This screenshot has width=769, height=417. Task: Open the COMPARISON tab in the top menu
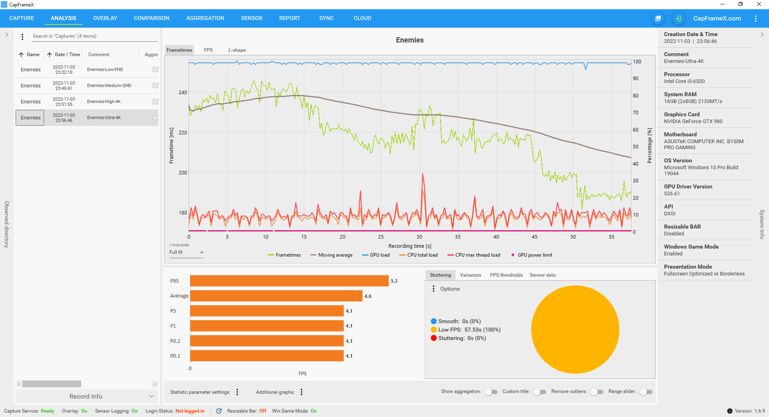pos(151,18)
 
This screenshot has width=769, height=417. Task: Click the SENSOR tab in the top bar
pos(252,18)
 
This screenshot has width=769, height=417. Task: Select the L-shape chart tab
pos(237,50)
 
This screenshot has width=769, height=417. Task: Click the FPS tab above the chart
pos(208,50)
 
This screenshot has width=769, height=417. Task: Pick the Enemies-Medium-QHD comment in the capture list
pos(109,85)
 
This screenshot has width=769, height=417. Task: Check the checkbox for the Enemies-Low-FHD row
pos(155,69)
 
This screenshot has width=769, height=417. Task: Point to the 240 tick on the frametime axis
pos(183,93)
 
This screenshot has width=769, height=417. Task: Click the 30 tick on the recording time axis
pos(419,237)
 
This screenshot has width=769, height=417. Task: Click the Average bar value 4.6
pos(368,296)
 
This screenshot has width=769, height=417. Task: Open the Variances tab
pos(470,275)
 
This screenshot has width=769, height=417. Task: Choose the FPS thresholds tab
pos(506,275)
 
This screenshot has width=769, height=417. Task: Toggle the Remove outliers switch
pos(597,392)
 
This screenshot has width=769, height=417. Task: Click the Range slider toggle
pos(646,392)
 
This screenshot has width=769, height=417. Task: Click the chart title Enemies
pos(409,40)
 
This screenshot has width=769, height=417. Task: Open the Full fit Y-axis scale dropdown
pos(186,252)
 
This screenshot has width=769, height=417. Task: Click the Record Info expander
pos(86,396)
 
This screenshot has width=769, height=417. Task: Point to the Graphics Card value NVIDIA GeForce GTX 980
pos(693,121)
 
